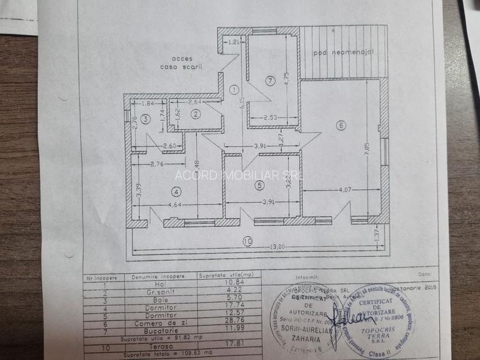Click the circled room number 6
[341, 125]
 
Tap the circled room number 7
[270, 81]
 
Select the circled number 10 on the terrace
[247, 241]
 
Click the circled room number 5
[258, 185]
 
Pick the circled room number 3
[146, 119]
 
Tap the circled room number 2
[196, 114]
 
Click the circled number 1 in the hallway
[235, 90]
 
